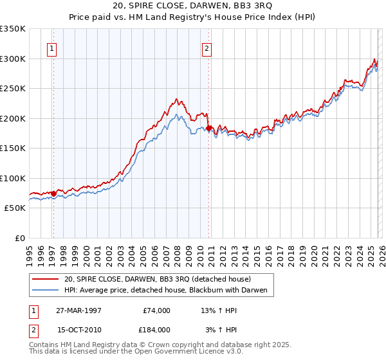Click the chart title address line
point(192,6)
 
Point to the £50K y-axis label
point(15,208)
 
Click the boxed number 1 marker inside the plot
point(51,47)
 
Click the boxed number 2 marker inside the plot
point(207,47)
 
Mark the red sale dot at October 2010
point(208,128)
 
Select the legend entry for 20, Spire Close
point(161,279)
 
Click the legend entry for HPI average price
point(169,291)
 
